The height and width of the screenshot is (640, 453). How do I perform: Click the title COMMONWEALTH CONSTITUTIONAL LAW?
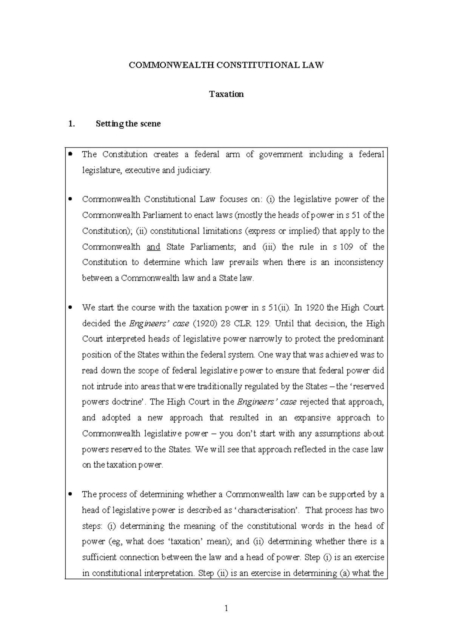[x=226, y=65]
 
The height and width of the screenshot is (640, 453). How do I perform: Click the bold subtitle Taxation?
[x=226, y=94]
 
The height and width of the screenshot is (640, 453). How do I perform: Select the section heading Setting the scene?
[x=128, y=124]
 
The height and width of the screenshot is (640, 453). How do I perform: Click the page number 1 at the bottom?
[x=226, y=608]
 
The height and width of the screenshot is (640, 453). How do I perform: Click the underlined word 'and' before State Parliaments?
[x=153, y=247]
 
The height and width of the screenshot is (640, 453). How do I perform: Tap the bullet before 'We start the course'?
[x=70, y=308]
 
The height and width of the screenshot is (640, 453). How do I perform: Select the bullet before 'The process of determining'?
[x=70, y=494]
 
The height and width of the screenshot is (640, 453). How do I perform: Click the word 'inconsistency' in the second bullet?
[x=359, y=262]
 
